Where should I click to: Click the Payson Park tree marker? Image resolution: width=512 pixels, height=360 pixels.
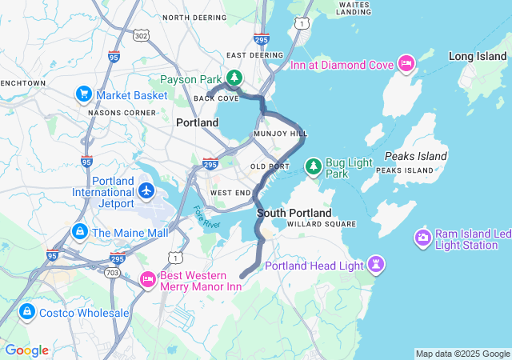[234, 78]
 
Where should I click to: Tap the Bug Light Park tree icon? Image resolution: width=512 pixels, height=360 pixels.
[314, 166]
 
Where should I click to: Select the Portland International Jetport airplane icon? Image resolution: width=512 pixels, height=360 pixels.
[146, 191]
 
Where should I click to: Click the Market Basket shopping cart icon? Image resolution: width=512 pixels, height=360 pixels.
[83, 94]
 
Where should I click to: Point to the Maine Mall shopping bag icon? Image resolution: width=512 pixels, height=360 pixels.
[79, 232]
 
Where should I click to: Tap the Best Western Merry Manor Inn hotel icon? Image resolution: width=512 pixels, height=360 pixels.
[147, 279]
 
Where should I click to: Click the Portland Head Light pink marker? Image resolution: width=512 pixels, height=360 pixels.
[376, 265]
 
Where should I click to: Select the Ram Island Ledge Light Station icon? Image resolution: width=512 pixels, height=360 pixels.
[422, 238]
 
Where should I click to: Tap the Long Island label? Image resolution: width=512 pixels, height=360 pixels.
[477, 56]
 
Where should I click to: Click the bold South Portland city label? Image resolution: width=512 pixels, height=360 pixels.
[294, 214]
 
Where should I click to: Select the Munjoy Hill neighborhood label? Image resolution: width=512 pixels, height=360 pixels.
[280, 134]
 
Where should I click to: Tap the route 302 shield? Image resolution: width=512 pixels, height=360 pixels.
[142, 36]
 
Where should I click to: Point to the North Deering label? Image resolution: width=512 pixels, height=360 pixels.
[188, 17]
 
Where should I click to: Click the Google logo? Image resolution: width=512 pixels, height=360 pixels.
[26, 350]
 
